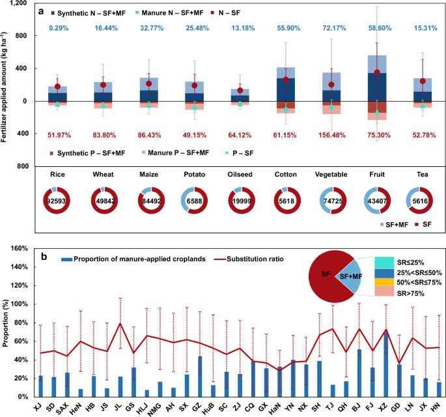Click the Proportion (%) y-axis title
(x=6, y=323)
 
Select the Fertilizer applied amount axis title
(x=6, y=85)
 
